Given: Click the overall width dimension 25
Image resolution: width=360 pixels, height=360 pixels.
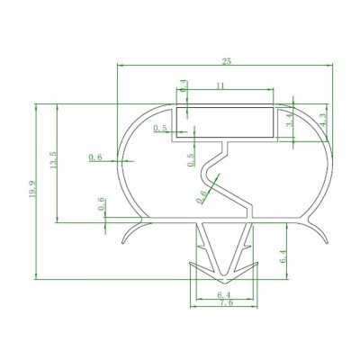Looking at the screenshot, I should point(226,60).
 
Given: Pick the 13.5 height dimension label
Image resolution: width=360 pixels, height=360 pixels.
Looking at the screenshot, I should point(53,160).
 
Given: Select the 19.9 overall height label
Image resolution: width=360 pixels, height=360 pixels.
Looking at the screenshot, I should point(32,189).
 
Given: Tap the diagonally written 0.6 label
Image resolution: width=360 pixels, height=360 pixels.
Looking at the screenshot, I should point(202,193).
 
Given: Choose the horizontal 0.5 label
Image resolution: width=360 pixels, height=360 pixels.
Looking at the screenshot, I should point(160,129).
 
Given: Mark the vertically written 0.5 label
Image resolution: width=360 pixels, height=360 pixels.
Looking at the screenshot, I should point(190,160).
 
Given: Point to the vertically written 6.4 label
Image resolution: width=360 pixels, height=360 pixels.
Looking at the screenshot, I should point(283,256).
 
